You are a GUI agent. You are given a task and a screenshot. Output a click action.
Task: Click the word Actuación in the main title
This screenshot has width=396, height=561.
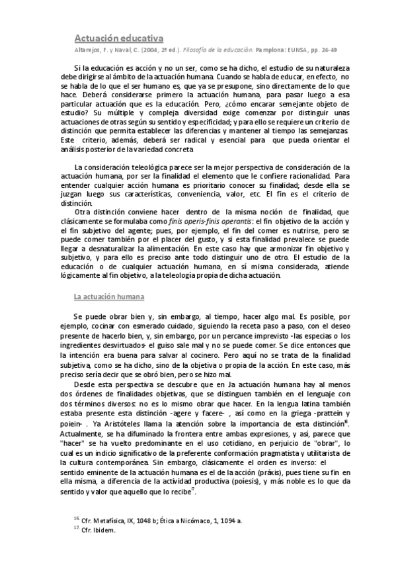point(94,39)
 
